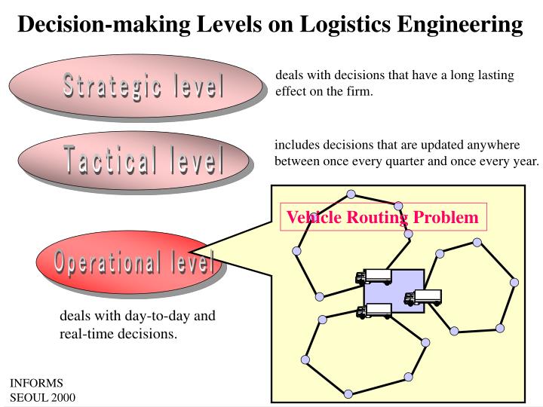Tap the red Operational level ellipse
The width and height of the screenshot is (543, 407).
[128, 262]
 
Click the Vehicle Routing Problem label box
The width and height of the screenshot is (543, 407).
[383, 218]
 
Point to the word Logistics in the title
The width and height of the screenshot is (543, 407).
[348, 24]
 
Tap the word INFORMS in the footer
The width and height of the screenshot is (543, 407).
[36, 383]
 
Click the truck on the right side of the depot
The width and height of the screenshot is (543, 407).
[424, 298]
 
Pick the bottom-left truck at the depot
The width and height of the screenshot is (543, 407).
[375, 310]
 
